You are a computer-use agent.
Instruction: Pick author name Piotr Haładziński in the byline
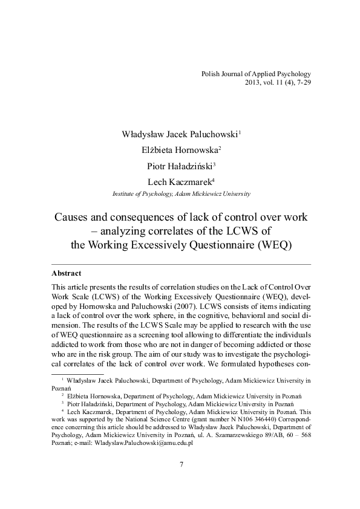180,166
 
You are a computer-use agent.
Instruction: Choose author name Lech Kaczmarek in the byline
180,181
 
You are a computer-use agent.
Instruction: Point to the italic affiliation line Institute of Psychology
182,193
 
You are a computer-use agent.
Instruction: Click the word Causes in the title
91,216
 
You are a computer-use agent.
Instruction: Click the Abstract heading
67,273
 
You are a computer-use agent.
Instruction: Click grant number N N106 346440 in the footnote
238,417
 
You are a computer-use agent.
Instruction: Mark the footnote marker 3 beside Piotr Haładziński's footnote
62,401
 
